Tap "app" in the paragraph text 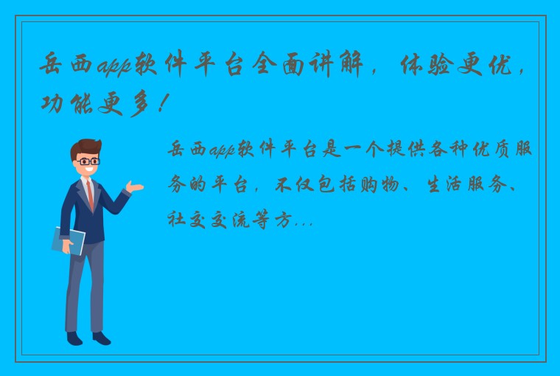[221, 151]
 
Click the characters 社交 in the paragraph [189, 219]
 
